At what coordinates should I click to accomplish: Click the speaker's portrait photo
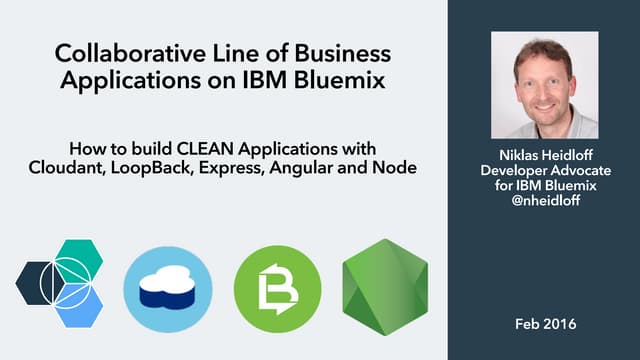pos(544,85)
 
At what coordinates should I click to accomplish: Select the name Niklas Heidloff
pos(544,155)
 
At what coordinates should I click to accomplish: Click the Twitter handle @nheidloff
pos(544,200)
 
